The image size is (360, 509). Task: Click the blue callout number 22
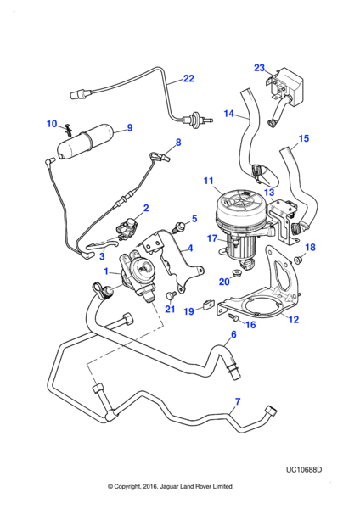pos(188,79)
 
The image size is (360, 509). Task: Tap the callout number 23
pos(259,68)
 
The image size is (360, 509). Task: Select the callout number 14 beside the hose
pos(229,114)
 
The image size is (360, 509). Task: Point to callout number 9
pos(130,127)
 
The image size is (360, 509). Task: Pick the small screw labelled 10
pos(69,130)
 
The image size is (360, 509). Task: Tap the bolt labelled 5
pos(178,226)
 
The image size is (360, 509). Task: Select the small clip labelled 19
pos(206,305)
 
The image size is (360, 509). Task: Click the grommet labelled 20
pos(237,271)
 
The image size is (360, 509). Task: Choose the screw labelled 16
pos(233,317)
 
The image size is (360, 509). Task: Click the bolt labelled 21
pos(171,295)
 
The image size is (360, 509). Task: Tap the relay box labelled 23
pos(286,86)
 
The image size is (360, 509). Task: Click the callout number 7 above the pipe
pos(238,401)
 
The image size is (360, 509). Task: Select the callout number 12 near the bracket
pos(294,320)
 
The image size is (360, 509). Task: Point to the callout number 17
pos(212,238)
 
